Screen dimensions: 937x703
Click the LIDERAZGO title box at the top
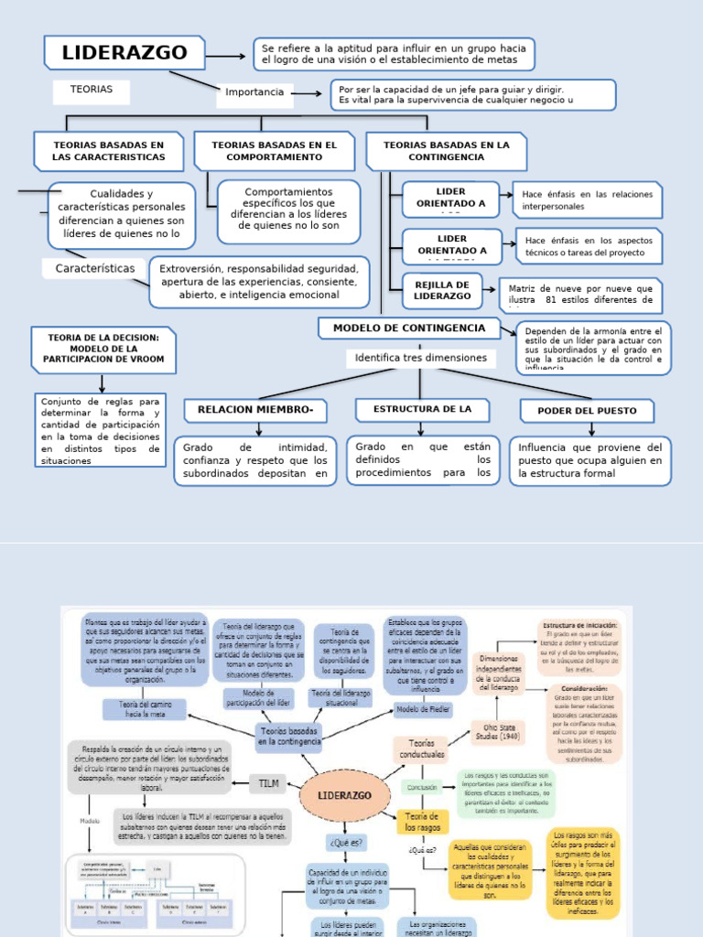tap(124, 53)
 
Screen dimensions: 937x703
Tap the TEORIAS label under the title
tap(91, 90)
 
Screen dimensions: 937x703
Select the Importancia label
tap(254, 92)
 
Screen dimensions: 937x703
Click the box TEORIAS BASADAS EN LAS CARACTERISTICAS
tap(109, 151)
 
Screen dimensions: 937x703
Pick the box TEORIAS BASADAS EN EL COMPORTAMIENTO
tap(274, 151)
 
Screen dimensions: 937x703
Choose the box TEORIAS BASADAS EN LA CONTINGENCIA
tap(447, 151)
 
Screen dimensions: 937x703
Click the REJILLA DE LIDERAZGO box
tap(442, 291)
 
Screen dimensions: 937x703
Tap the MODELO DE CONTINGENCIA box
tap(409, 328)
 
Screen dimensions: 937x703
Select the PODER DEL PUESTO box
tap(587, 411)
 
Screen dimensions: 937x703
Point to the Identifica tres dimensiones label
tap(421, 359)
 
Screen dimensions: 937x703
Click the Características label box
tap(101, 268)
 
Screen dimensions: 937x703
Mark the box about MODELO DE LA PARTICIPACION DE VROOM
tap(103, 349)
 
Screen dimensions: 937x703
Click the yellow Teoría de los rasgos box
tap(422, 822)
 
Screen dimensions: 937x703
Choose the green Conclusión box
tap(422, 787)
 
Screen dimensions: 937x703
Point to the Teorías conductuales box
tap(422, 749)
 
